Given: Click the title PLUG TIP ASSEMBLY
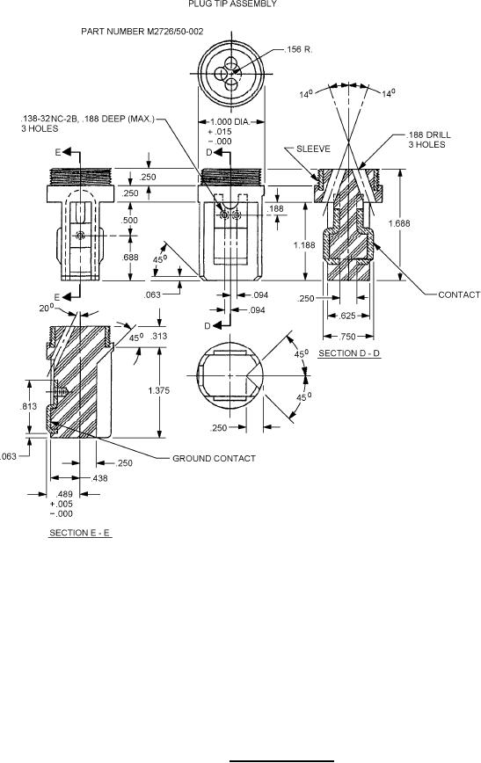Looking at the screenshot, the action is coord(232,4).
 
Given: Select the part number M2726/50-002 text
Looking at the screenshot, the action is coord(142,32).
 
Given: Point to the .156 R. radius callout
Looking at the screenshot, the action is coord(298,49).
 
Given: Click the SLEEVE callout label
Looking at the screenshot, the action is coord(313,149).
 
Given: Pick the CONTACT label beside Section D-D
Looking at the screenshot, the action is coord(459,294).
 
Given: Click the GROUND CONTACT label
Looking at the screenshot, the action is coord(214,458).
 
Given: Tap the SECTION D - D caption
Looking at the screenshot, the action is coord(349,353).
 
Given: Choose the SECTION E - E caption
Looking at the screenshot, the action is coord(80,533).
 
